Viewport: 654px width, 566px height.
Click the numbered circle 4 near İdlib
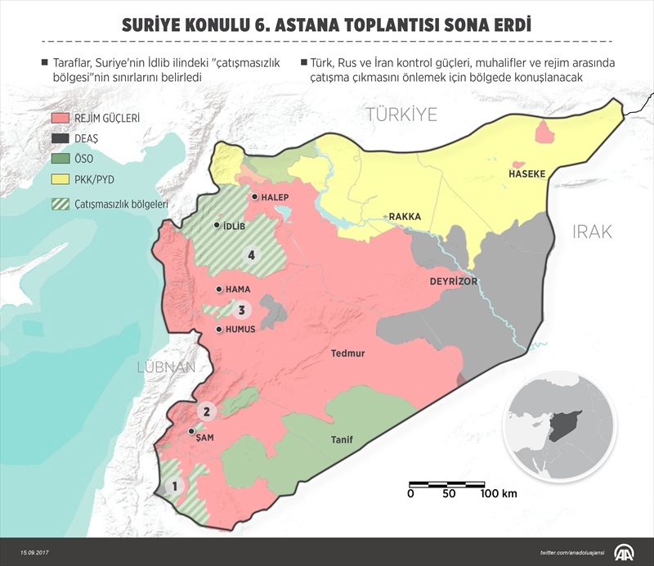pyautogui.click(x=252, y=256)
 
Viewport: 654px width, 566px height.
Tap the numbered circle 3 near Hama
pyautogui.click(x=241, y=310)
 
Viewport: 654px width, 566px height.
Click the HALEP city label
pyautogui.click(x=275, y=197)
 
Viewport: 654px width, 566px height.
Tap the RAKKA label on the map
pyautogui.click(x=405, y=217)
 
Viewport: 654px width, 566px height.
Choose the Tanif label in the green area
pyautogui.click(x=342, y=440)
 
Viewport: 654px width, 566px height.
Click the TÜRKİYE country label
pyautogui.click(x=402, y=115)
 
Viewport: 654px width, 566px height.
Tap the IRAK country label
pyautogui.click(x=592, y=231)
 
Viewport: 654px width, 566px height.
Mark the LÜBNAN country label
pyautogui.click(x=164, y=366)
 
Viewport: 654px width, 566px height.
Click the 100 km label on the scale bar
pyautogui.click(x=499, y=493)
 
